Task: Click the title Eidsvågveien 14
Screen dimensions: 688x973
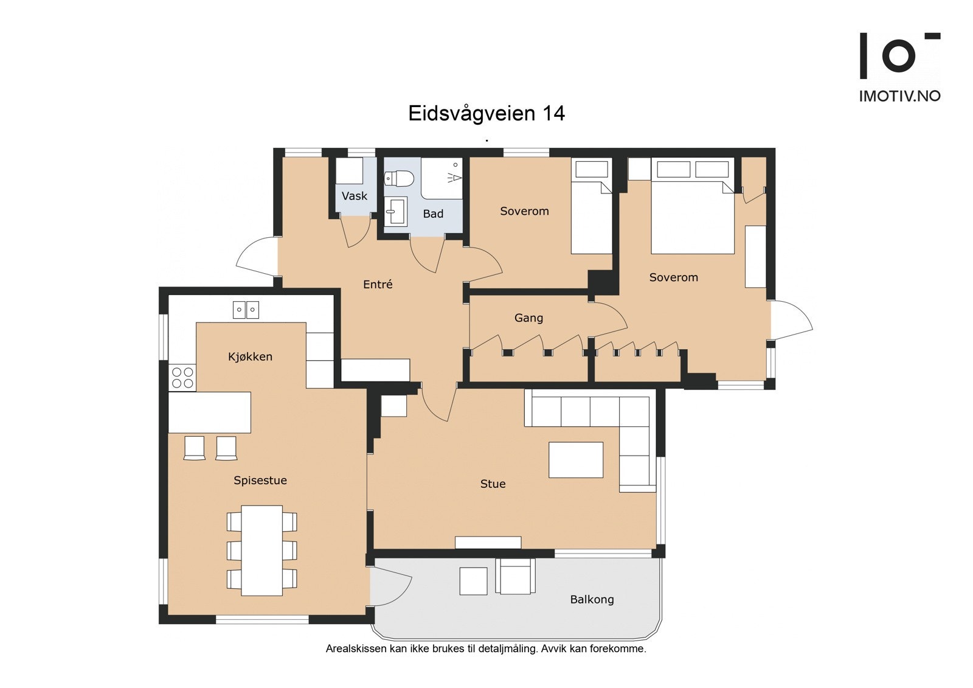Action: point(486,114)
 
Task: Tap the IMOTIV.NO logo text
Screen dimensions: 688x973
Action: point(899,96)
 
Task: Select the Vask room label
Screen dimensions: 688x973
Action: point(354,196)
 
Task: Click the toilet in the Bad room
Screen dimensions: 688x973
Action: point(399,179)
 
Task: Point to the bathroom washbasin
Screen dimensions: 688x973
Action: point(396,211)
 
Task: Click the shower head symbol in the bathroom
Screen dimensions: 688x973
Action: point(454,177)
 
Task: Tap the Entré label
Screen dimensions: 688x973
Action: point(378,284)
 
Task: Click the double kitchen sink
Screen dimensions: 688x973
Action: point(246,310)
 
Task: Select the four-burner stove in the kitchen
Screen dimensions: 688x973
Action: point(182,377)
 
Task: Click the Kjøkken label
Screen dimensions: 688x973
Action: point(250,356)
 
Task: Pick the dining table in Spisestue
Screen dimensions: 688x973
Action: point(261,550)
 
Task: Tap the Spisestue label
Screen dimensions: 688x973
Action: point(260,481)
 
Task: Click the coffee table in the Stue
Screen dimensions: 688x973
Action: point(576,460)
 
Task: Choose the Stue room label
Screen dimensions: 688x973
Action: point(493,484)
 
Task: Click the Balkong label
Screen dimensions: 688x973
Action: point(592,600)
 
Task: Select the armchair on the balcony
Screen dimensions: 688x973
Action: point(516,577)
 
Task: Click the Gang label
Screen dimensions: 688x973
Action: point(528,318)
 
